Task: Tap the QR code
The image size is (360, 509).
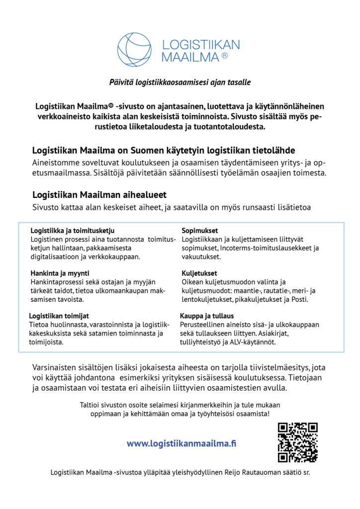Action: pyautogui.click(x=297, y=442)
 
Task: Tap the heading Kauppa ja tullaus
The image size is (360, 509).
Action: pyautogui.click(x=206, y=316)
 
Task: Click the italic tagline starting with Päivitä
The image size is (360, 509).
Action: pyautogui.click(x=180, y=82)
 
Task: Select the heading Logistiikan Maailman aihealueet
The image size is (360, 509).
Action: pyautogui.click(x=99, y=194)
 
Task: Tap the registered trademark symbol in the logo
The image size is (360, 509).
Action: pyautogui.click(x=224, y=56)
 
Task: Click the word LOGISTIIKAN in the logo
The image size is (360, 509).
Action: pyautogui.click(x=201, y=44)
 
